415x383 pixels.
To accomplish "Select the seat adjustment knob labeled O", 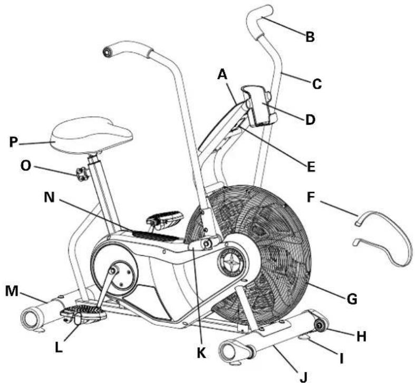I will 82,174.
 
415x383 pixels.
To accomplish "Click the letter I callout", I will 341,359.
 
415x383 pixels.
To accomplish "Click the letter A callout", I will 223,76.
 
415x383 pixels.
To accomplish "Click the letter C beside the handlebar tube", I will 317,83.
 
